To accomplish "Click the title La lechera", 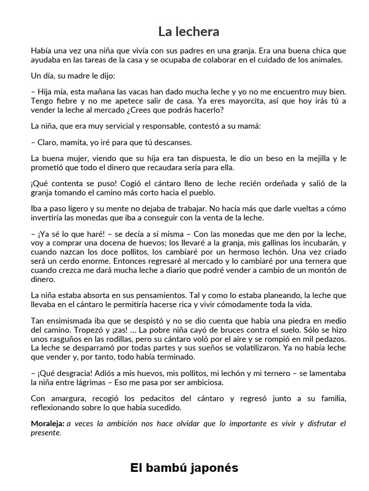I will (189, 32).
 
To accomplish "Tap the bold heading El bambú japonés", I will (184, 468).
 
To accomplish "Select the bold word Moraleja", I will (47, 423).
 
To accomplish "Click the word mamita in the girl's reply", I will (75, 142).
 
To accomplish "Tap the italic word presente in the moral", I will (46, 433).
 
